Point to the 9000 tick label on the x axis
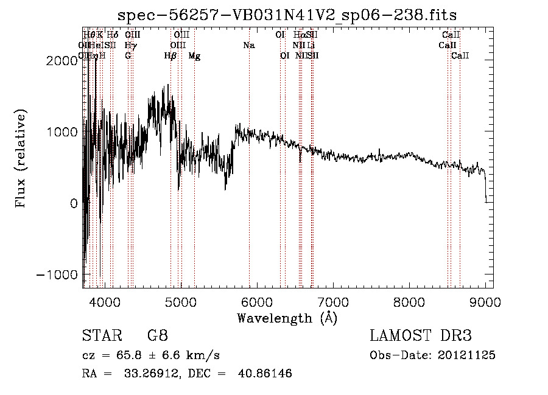(485, 302)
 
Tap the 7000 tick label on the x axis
(332, 302)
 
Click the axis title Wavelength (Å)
(287, 318)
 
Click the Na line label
(248, 46)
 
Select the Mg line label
(194, 56)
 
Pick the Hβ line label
(170, 56)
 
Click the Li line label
(311, 46)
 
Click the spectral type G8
(158, 336)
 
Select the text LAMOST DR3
(421, 336)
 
